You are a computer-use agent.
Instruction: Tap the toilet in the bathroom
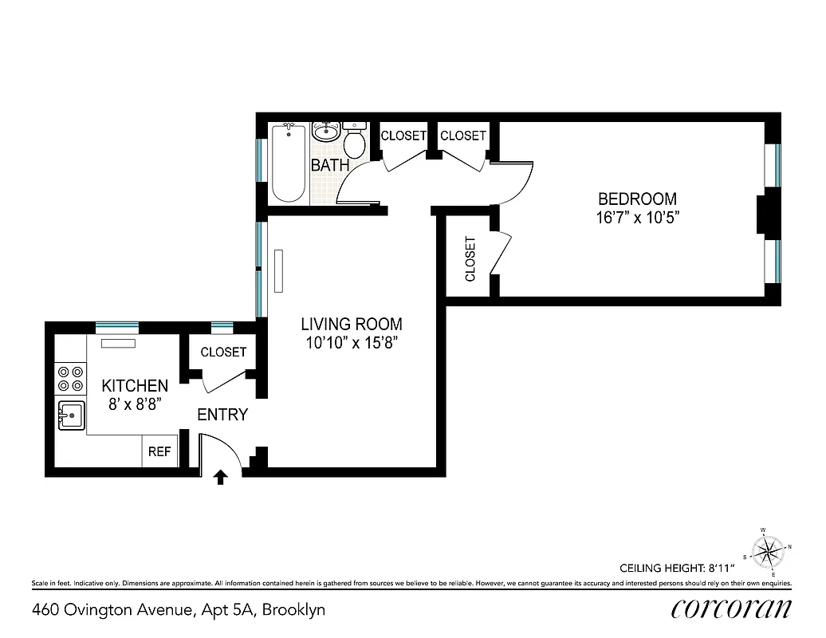(x=355, y=142)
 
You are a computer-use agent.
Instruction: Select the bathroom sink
(x=325, y=131)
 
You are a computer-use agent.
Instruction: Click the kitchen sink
(x=71, y=415)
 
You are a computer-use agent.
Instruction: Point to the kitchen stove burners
(x=70, y=378)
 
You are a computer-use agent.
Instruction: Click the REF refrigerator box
(x=159, y=451)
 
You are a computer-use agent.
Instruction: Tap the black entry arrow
(x=221, y=477)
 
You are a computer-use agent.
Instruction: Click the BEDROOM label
(x=637, y=199)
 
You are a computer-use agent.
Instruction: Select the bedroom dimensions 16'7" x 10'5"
(x=637, y=217)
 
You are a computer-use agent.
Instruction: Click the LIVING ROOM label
(x=351, y=324)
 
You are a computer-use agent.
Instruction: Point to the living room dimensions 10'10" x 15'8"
(x=351, y=343)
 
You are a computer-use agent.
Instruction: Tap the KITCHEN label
(x=135, y=386)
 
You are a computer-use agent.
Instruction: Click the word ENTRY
(x=222, y=415)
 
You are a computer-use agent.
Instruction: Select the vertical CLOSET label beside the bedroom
(x=470, y=258)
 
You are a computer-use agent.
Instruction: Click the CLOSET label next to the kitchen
(x=223, y=352)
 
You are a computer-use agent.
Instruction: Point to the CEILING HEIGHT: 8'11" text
(x=676, y=568)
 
